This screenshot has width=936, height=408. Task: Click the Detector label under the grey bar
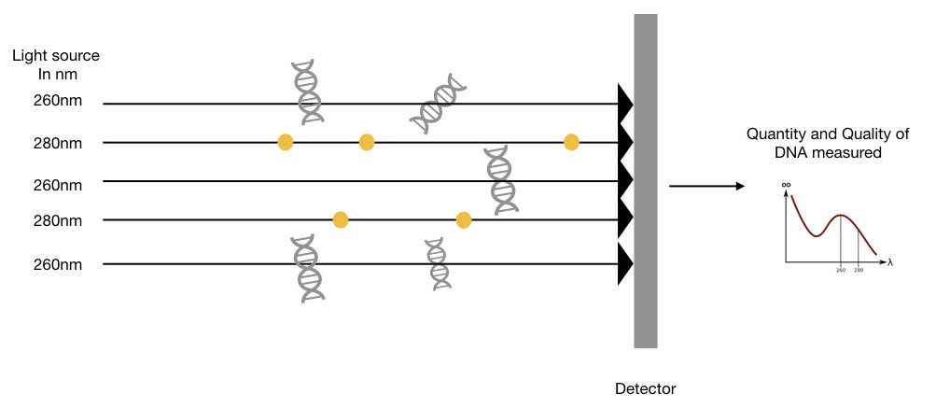click(x=646, y=387)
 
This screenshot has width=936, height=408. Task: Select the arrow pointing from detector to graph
click(x=706, y=186)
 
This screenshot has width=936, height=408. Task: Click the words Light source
click(x=55, y=57)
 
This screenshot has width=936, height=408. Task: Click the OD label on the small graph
click(x=787, y=185)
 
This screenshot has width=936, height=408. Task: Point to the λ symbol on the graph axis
click(x=890, y=262)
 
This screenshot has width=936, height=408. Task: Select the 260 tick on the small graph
click(x=841, y=270)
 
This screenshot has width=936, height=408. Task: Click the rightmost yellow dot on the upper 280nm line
click(x=571, y=142)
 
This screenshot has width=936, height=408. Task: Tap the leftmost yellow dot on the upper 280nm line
click(x=286, y=142)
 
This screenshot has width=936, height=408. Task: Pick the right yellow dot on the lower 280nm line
click(x=463, y=220)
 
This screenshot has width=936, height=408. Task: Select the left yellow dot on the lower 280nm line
click(x=341, y=220)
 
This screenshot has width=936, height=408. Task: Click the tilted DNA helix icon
click(x=439, y=101)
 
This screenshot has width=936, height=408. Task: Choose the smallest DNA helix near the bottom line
click(x=437, y=263)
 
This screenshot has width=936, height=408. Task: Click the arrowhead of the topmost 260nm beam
click(x=625, y=103)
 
